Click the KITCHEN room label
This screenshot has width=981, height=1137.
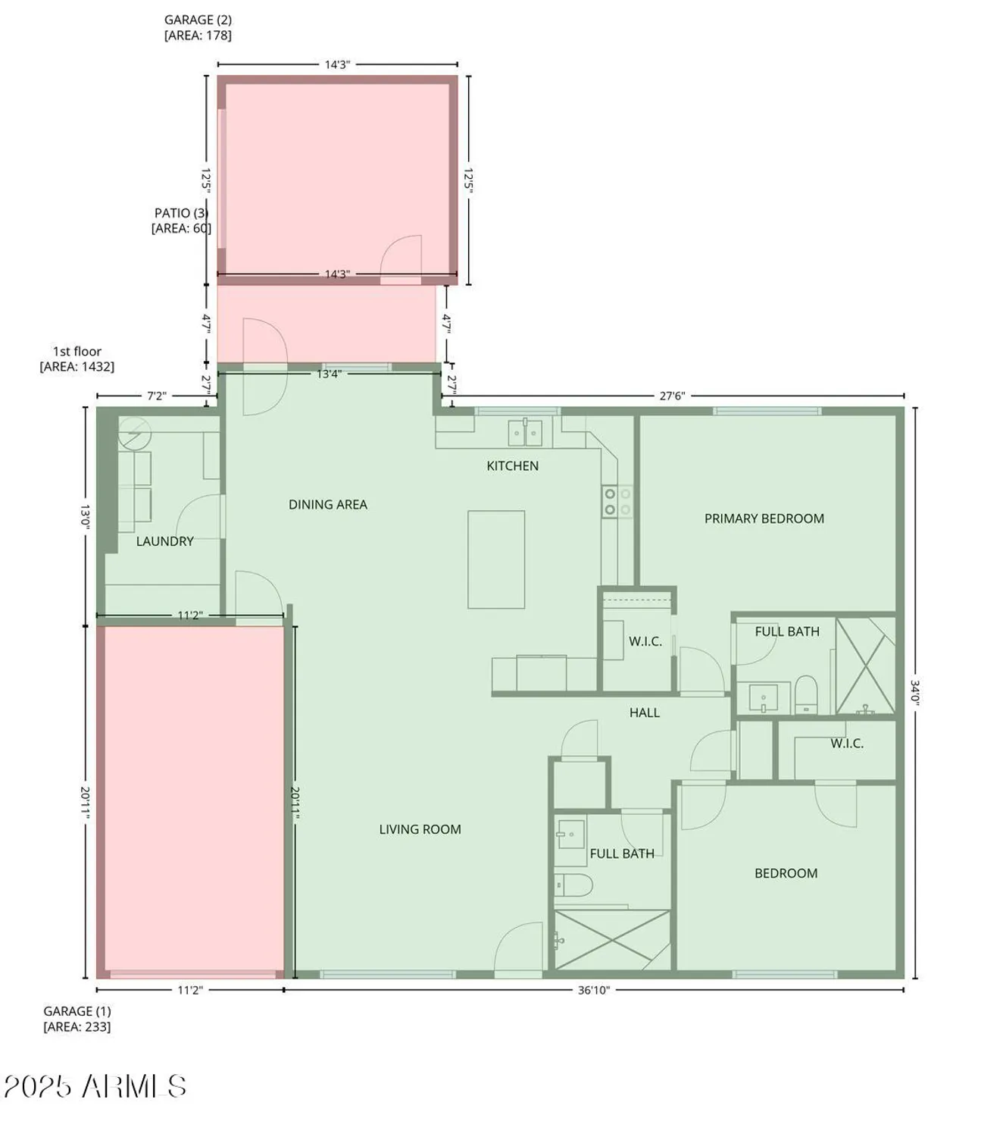[x=512, y=466]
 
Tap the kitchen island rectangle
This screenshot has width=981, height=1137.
[x=496, y=559]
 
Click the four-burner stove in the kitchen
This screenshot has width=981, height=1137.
[x=617, y=502]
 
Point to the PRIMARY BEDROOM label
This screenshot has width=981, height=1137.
[x=764, y=518]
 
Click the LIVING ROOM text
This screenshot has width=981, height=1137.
[x=420, y=829]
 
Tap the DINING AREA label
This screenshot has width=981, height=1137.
[x=327, y=505]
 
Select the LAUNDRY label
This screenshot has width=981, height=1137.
[x=164, y=541]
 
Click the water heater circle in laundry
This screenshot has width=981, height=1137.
[x=135, y=434]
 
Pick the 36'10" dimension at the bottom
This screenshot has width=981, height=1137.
[x=593, y=990]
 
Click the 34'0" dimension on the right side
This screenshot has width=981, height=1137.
[x=915, y=693]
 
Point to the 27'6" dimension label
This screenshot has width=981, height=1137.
[x=671, y=396]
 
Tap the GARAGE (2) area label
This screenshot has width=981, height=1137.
[x=198, y=27]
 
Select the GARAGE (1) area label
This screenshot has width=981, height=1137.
[x=77, y=1019]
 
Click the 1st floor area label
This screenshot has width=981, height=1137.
[x=77, y=359]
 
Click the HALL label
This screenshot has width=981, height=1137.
[x=644, y=713]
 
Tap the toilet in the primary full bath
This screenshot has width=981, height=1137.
[x=806, y=694]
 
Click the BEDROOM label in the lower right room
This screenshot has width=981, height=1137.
[x=786, y=873]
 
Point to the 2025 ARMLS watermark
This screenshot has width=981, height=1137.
[x=95, y=1086]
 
